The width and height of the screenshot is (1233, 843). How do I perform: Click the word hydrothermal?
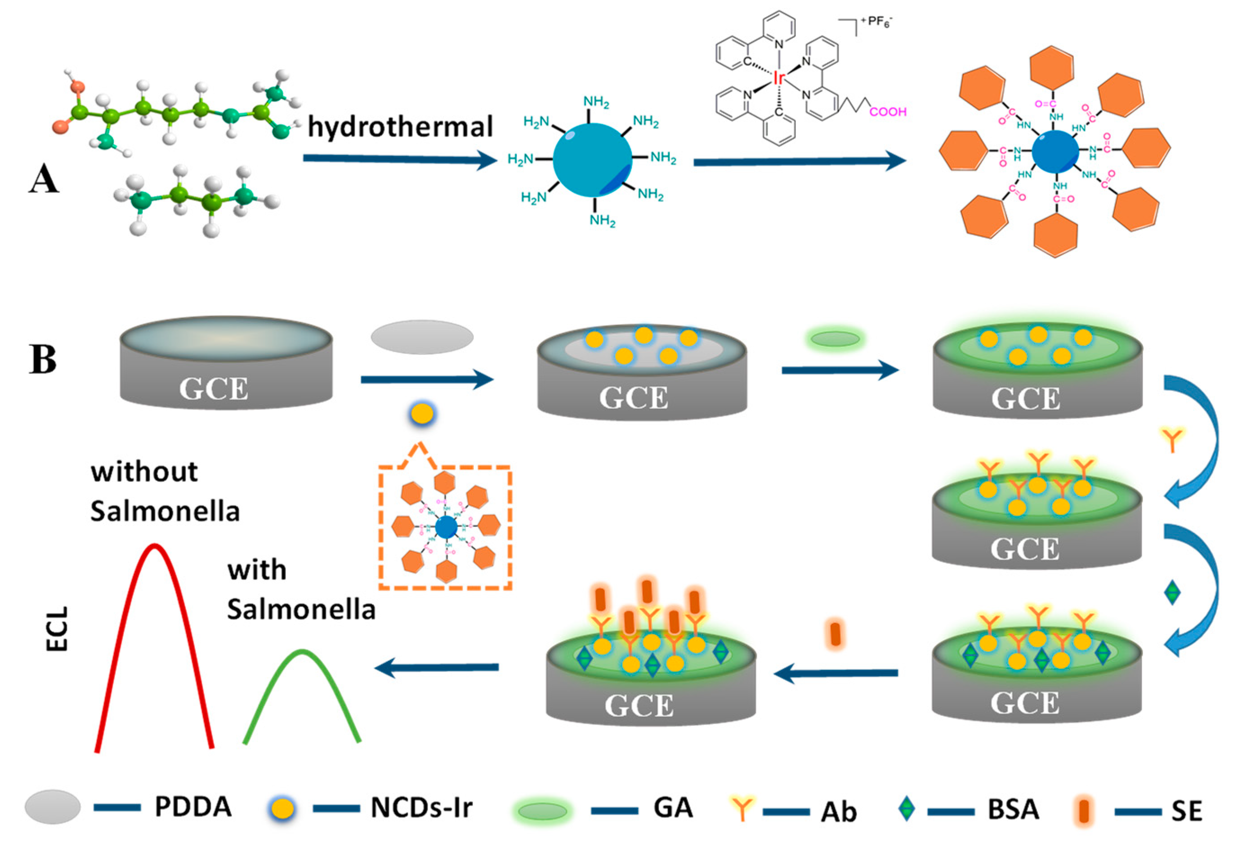pos(400,127)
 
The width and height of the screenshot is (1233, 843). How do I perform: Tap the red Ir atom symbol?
pos(778,79)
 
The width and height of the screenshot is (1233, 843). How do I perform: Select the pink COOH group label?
pos(888,112)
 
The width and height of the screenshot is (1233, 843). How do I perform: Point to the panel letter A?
pos(44,179)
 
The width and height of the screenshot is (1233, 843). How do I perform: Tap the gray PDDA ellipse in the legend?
pos(53,807)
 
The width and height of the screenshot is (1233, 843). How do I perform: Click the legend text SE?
pos(1186,811)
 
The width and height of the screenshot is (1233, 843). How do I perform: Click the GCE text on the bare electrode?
pos(214,388)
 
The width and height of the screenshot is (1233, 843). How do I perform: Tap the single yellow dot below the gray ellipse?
pos(422,413)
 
